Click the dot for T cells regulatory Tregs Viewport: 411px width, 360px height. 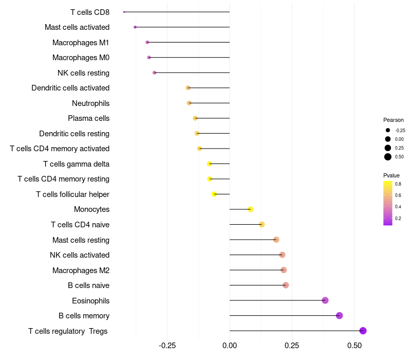click(x=363, y=331)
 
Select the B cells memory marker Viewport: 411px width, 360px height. click(x=339, y=316)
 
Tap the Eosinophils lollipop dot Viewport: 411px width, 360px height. click(x=325, y=300)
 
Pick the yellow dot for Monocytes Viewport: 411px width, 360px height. click(x=250, y=209)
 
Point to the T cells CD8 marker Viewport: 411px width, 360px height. click(x=124, y=12)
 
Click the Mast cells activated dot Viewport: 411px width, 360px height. click(x=135, y=27)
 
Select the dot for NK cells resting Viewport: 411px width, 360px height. click(x=154, y=73)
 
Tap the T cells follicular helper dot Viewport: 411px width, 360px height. click(x=214, y=194)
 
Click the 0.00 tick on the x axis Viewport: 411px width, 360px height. click(x=230, y=346)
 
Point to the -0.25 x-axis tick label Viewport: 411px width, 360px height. click(x=167, y=346)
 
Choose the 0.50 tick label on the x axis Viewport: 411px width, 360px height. click(x=354, y=346)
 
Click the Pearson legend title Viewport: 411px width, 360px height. click(x=394, y=120)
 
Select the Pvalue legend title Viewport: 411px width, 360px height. click(x=391, y=175)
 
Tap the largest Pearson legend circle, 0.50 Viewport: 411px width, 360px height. click(x=388, y=157)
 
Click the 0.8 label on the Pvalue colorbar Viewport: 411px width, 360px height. click(x=398, y=184)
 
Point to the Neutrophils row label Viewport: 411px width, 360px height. click(x=90, y=103)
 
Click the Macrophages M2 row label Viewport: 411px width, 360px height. click(x=81, y=270)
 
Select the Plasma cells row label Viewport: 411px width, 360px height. click(x=88, y=118)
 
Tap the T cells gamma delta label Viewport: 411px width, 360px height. click(x=76, y=164)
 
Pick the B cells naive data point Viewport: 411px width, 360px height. click(x=286, y=285)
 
